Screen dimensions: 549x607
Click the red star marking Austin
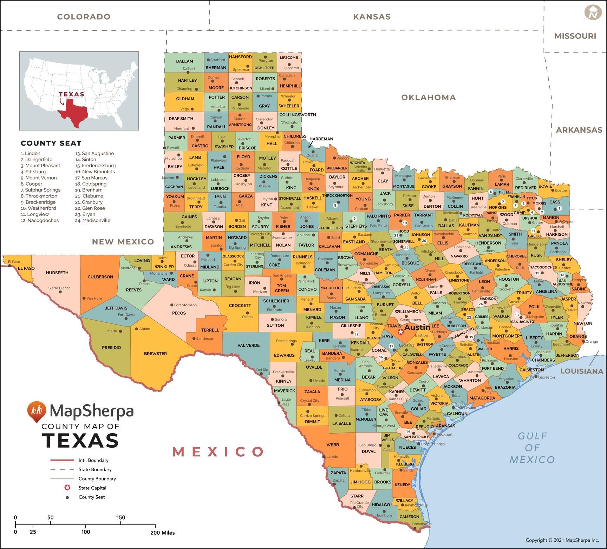coord(400,332)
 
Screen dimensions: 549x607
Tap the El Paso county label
coord(26,268)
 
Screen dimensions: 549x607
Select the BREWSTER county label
coord(155,354)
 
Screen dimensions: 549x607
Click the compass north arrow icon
coord(593,12)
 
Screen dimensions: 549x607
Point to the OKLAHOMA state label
coord(429,98)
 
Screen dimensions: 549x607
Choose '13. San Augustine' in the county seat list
coord(94,153)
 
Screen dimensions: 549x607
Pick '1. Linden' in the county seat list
coord(31,153)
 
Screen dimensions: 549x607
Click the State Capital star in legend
coord(67,488)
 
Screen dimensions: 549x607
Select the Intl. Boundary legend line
coord(62,460)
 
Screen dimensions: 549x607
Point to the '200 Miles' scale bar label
coord(163,533)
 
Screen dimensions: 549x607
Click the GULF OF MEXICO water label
coord(532,448)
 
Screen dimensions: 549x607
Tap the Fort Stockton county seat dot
coord(171,305)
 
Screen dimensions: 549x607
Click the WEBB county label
coord(333,445)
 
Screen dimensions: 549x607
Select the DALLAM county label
coord(184,61)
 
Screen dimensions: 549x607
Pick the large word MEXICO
coord(218,452)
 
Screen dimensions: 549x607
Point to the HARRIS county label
coord(511,348)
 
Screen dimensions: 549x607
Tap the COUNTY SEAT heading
coord(51,143)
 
